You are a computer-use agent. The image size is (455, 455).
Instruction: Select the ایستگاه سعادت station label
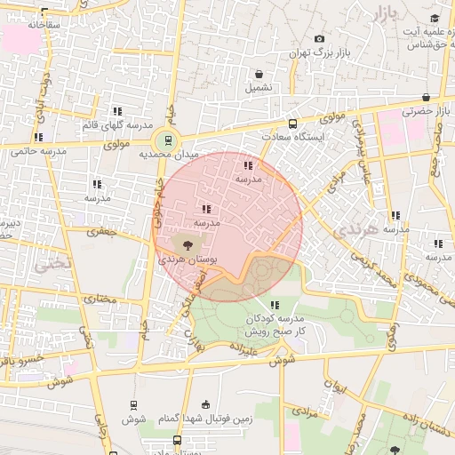[294, 138]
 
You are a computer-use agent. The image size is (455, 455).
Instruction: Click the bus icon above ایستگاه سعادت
[292, 124]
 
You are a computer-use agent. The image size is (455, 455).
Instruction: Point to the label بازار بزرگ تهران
[321, 53]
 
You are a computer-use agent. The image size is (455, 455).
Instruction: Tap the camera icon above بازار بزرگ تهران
[320, 38]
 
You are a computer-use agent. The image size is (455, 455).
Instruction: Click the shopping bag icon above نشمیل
[259, 74]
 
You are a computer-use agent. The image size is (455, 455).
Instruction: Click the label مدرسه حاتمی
[38, 151]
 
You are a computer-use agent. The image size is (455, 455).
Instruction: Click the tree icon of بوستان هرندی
[188, 244]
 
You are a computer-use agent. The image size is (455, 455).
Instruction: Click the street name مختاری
[100, 299]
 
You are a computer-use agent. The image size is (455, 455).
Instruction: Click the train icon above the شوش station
[133, 404]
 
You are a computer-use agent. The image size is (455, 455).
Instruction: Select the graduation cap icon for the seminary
[435, 19]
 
